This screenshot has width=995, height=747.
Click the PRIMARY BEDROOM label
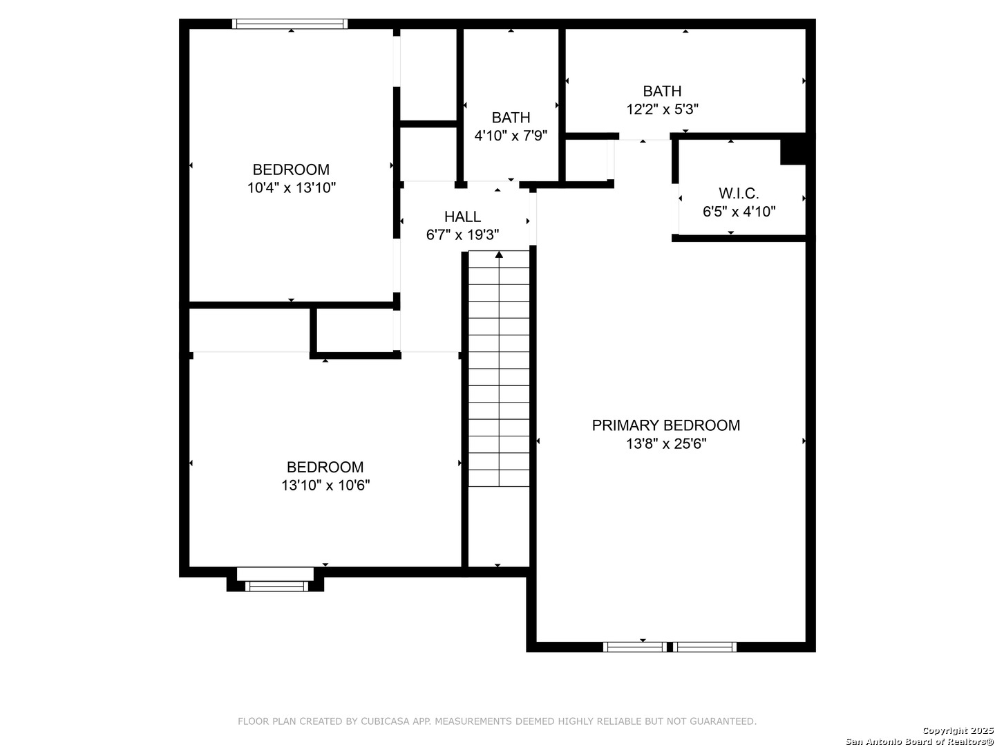pyautogui.click(x=665, y=425)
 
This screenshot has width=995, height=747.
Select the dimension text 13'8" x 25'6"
pyautogui.click(x=666, y=443)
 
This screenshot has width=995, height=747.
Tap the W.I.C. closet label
pyautogui.click(x=739, y=194)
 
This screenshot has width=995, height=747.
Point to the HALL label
pyautogui.click(x=462, y=216)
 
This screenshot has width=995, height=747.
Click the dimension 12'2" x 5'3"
pyautogui.click(x=662, y=109)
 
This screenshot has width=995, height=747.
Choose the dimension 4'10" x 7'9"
pyautogui.click(x=511, y=136)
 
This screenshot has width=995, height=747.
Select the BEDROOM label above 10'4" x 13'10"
pyautogui.click(x=291, y=169)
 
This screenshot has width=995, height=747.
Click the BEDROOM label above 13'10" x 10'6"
pyautogui.click(x=325, y=467)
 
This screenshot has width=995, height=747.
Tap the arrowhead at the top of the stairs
pyautogui.click(x=499, y=255)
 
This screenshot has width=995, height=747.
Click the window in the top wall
pyautogui.click(x=290, y=24)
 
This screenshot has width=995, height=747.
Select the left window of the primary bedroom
pyautogui.click(x=634, y=647)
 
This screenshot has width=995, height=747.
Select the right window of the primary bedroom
pyautogui.click(x=704, y=647)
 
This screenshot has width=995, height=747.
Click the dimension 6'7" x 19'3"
pyautogui.click(x=462, y=235)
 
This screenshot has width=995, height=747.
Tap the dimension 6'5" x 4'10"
pyautogui.click(x=739, y=212)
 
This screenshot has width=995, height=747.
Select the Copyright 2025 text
pyautogui.click(x=957, y=730)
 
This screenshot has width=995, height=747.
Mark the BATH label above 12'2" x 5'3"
pyautogui.click(x=662, y=91)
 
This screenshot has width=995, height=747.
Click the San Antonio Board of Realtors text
pyautogui.click(x=919, y=741)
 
